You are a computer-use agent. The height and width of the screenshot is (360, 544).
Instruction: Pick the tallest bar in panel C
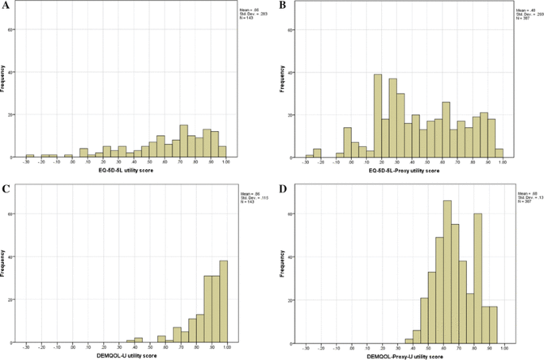pyautogui.click(x=222, y=301)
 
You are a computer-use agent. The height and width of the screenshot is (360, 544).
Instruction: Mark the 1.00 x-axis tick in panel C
pyautogui.click(x=226, y=347)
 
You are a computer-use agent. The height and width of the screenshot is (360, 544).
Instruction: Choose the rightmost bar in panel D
pyautogui.click(x=495, y=324)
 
